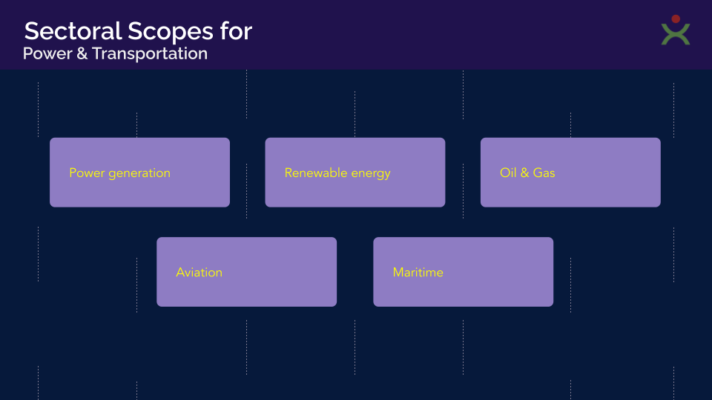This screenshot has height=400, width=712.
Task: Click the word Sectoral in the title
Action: (73, 31)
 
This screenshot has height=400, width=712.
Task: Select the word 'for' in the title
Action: (236, 31)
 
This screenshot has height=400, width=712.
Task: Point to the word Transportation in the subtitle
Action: (150, 54)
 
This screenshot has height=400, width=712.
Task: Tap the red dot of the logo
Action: (676, 19)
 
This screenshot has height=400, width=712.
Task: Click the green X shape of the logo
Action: (676, 35)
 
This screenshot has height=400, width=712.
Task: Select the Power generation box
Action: (140, 173)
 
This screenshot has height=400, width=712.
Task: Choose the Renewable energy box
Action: (355, 173)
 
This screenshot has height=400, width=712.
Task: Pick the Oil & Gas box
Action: (570, 173)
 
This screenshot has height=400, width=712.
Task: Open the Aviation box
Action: (246, 272)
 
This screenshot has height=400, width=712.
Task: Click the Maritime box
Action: (463, 272)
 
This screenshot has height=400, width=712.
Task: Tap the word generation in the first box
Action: (139, 173)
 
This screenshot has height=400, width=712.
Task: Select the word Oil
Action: (508, 173)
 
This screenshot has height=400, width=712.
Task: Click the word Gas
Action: (544, 173)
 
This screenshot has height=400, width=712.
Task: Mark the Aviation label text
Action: (200, 272)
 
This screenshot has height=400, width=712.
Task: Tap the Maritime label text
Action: (418, 272)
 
